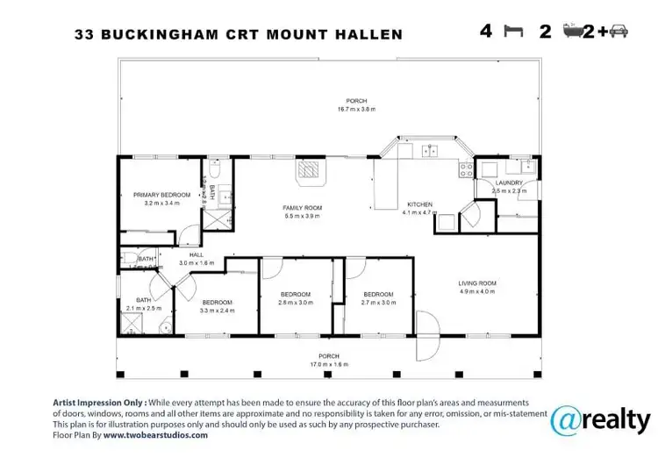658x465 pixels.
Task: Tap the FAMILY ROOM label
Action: point(302,208)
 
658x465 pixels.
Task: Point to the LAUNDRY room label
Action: point(508,182)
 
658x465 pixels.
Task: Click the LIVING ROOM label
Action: point(477,283)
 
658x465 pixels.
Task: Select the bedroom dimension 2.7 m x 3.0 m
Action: point(378,302)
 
